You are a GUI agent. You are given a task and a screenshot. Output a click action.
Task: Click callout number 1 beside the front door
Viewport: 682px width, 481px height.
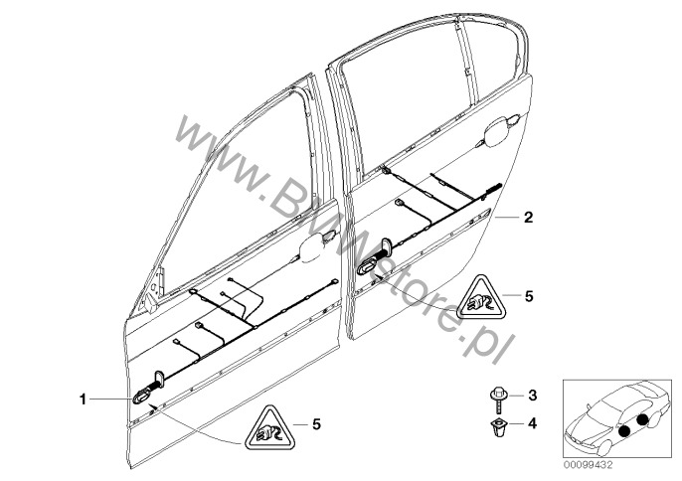click(84, 400)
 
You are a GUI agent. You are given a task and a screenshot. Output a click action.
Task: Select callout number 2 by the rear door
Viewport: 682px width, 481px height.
click(529, 216)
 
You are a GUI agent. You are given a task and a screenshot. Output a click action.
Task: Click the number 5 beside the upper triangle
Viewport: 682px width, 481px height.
click(529, 295)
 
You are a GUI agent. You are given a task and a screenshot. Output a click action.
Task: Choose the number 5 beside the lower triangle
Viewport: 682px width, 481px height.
click(316, 424)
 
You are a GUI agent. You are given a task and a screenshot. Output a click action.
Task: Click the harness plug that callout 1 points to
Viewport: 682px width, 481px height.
click(143, 395)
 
